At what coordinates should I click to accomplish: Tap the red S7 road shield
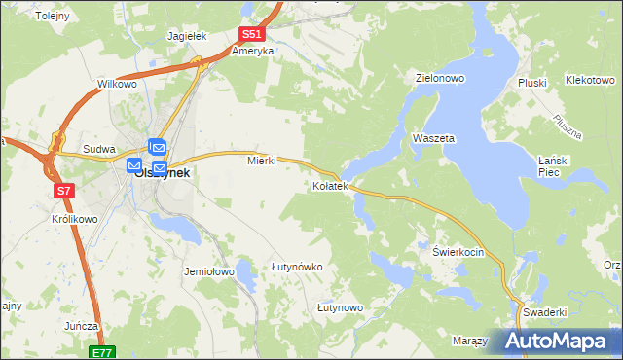(63, 191)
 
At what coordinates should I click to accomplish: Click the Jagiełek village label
(188, 36)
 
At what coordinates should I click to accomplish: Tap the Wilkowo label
(117, 85)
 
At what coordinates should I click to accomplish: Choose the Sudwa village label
(99, 149)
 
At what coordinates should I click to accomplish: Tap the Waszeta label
(433, 139)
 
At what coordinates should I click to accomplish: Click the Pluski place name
(533, 83)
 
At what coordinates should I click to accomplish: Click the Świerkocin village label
(458, 251)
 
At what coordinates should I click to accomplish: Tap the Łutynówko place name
(297, 267)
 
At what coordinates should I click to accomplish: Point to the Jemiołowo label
(209, 272)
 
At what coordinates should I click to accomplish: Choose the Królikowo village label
(74, 220)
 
